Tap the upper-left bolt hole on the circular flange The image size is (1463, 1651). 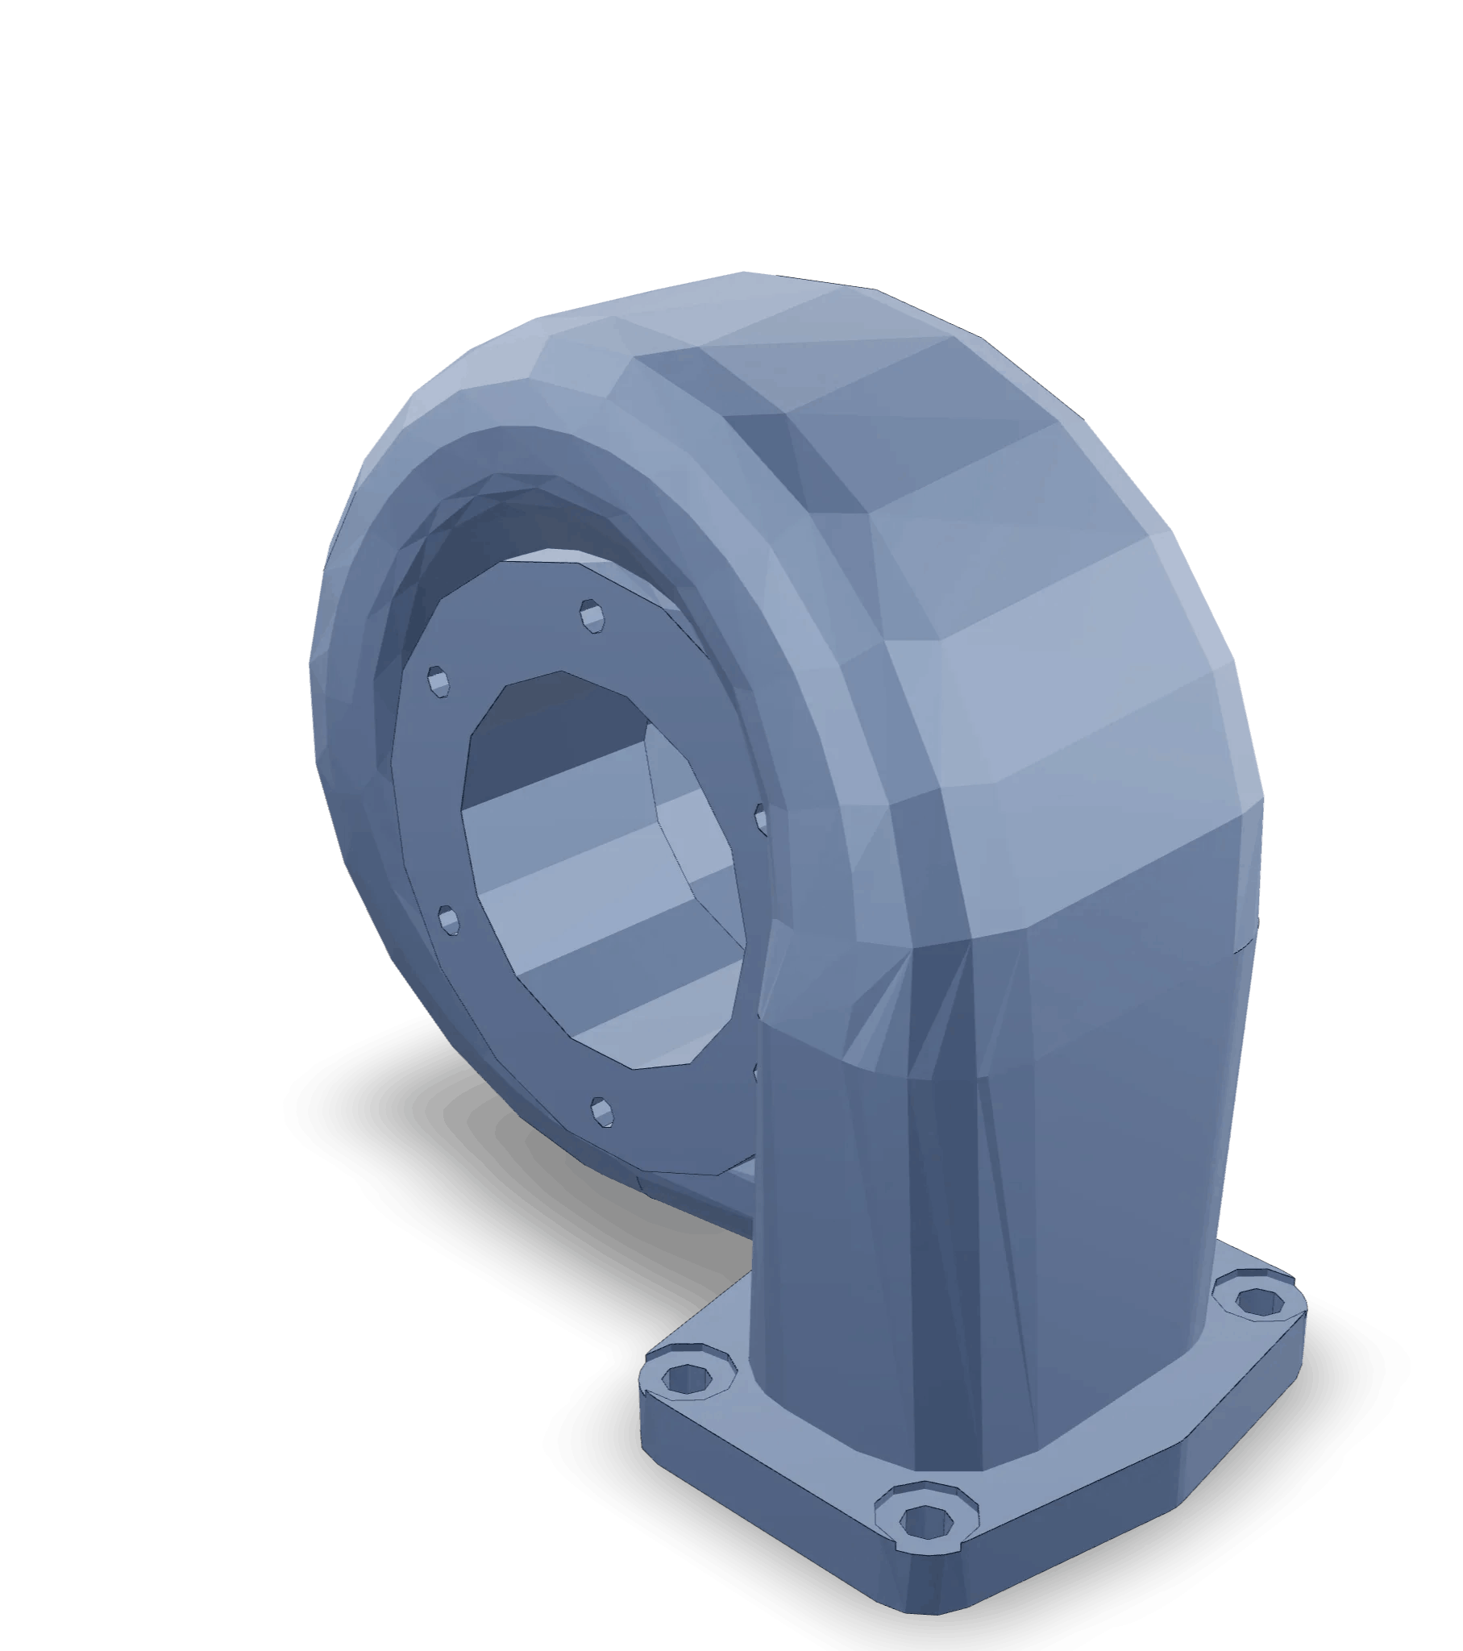click(x=438, y=681)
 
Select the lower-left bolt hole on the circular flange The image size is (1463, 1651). click(x=448, y=919)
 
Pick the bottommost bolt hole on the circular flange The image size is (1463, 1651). click(x=602, y=1111)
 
